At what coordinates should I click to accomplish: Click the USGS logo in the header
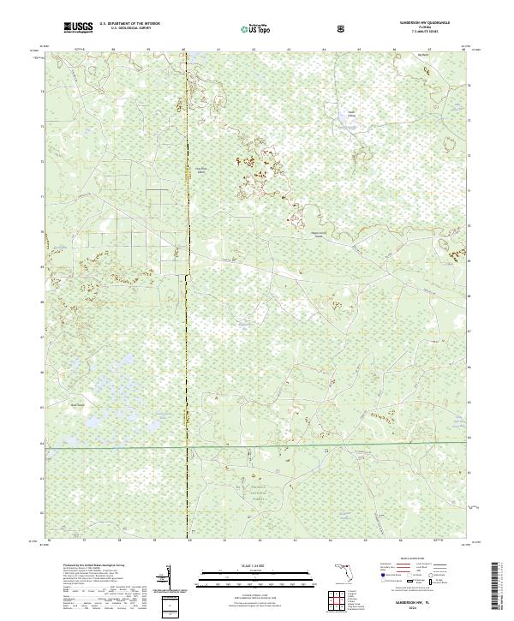click(77, 28)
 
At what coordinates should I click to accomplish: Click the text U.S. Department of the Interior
click(129, 25)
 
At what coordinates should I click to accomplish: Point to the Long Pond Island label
click(202, 170)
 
